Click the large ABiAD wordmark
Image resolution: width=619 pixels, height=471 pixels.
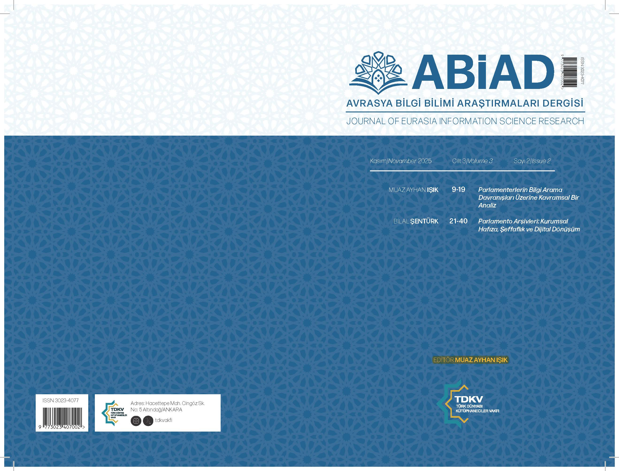(483, 72)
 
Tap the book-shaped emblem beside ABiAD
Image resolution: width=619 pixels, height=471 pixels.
(378, 73)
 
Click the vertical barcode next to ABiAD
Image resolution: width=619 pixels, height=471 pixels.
(570, 72)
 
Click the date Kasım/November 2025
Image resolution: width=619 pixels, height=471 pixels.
(401, 161)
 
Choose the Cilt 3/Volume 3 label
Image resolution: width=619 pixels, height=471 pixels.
(472, 161)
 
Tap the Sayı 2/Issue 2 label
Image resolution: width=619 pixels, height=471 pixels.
(532, 161)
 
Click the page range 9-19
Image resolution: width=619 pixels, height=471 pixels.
(458, 190)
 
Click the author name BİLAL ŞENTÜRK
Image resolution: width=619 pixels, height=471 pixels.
(416, 221)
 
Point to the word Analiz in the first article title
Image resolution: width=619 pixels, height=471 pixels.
(487, 205)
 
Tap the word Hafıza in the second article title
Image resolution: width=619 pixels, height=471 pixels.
(486, 229)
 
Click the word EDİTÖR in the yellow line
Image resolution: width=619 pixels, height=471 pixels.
(443, 360)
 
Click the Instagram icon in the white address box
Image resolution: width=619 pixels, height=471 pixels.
(136, 421)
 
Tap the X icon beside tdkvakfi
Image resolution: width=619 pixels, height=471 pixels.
(148, 421)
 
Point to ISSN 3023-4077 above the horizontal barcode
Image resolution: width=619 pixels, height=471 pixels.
(61, 400)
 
